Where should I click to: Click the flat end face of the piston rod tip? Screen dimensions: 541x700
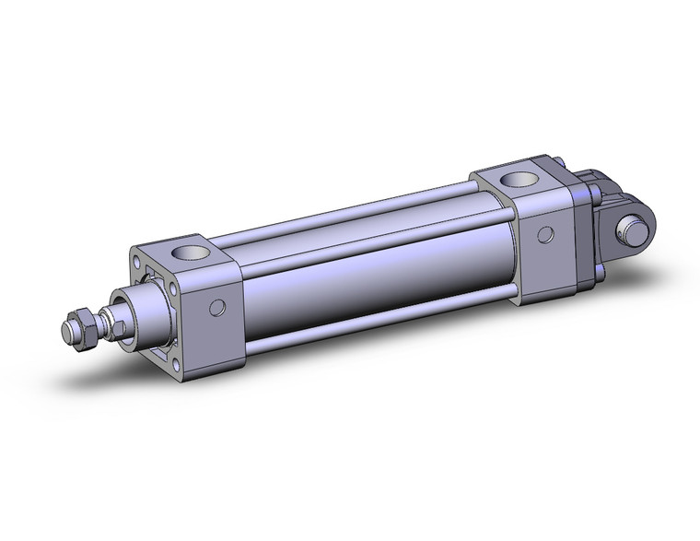click(69, 329)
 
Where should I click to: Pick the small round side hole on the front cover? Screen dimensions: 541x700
click(217, 307)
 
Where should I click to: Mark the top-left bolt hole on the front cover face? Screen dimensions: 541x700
click(141, 270)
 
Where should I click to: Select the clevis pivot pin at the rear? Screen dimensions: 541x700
click(635, 225)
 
